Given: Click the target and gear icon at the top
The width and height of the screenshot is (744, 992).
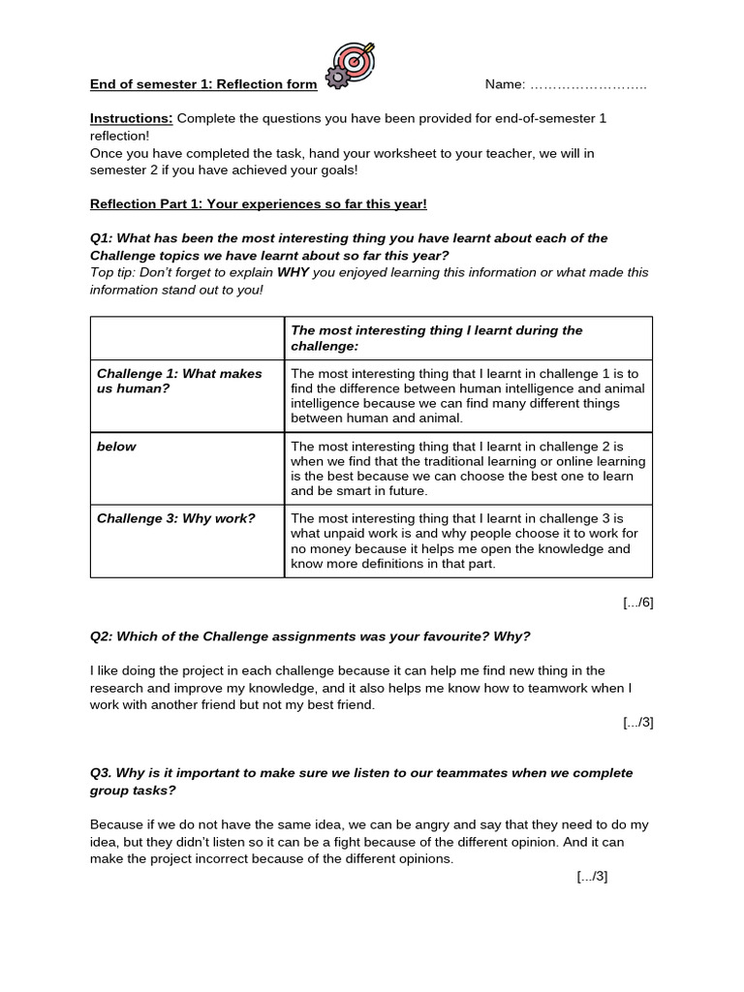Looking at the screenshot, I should click(x=349, y=66).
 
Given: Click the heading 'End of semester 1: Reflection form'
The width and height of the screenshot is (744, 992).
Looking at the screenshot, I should click(x=203, y=85).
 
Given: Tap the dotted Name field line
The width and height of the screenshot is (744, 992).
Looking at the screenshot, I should click(x=589, y=85).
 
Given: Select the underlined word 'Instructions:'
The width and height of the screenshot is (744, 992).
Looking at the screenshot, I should click(x=132, y=118).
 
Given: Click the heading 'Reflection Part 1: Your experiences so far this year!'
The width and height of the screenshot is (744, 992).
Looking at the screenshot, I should click(x=259, y=203).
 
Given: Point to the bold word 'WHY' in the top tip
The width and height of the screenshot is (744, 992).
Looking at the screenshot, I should click(x=292, y=272).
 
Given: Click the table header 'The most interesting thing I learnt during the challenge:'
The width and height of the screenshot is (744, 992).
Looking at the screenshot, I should click(x=436, y=337).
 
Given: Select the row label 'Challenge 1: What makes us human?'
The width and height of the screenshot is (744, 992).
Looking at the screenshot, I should click(x=179, y=381).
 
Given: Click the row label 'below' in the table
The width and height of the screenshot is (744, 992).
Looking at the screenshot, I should click(x=116, y=447).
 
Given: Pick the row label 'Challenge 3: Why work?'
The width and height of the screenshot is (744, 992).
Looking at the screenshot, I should click(x=175, y=518).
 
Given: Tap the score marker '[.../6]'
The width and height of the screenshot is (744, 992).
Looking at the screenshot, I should click(x=637, y=602).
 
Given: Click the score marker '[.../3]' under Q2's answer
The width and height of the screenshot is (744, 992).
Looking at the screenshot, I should click(x=637, y=722).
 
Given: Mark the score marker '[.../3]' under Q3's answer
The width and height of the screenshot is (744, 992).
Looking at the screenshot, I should click(x=591, y=877).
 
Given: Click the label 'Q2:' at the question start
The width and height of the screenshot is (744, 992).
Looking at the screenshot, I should click(x=104, y=635).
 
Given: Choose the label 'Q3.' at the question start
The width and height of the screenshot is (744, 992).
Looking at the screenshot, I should click(x=103, y=773).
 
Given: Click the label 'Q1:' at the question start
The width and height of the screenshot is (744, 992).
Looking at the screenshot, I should click(x=104, y=238).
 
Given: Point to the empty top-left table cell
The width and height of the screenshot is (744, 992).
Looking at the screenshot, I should click(x=187, y=337).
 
